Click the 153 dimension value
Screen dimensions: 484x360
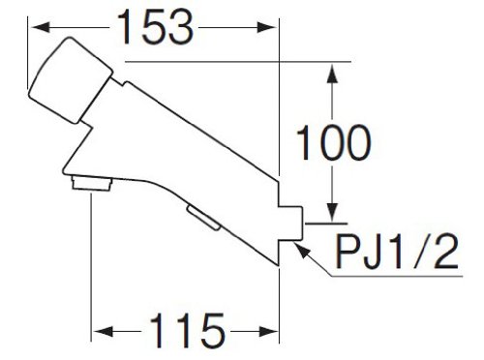(x=156, y=26)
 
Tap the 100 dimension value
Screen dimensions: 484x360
(x=334, y=142)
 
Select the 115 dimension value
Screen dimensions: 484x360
(x=187, y=330)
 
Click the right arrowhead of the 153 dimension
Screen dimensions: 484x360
(x=266, y=27)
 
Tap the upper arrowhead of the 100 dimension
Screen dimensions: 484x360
(x=333, y=74)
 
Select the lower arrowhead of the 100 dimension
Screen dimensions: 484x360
(x=333, y=212)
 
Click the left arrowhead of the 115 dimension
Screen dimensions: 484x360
(x=104, y=331)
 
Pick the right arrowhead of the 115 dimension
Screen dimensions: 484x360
(x=268, y=331)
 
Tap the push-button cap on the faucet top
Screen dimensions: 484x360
(x=71, y=80)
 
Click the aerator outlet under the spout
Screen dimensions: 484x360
(x=92, y=183)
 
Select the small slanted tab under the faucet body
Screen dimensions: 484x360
(x=204, y=218)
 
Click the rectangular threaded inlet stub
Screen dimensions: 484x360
(x=290, y=224)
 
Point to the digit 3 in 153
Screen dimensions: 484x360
(x=180, y=26)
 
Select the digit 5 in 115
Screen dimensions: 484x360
(x=211, y=331)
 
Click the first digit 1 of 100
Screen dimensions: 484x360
(x=304, y=142)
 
